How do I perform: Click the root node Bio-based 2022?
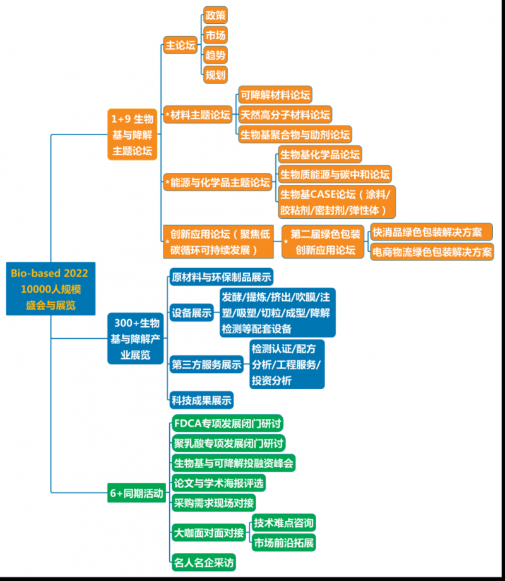(x=50, y=289)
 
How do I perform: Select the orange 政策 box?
(x=215, y=15)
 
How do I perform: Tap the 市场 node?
(x=215, y=35)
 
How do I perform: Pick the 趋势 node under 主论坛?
(x=215, y=54)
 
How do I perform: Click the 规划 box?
(x=215, y=74)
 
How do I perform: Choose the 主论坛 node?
(x=181, y=45)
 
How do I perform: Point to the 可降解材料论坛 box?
(x=275, y=95)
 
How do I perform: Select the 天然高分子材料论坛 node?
(x=285, y=115)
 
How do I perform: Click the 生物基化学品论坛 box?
(x=320, y=155)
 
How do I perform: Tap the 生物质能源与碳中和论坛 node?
(x=335, y=174)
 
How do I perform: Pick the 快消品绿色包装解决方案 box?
(x=431, y=232)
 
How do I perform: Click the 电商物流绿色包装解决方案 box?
(x=432, y=252)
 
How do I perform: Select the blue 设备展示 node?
(x=192, y=312)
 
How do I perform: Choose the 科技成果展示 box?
(x=201, y=399)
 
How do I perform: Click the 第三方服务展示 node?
(x=206, y=364)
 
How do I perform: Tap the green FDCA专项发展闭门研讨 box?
(x=227, y=423)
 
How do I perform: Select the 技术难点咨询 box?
(x=283, y=522)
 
